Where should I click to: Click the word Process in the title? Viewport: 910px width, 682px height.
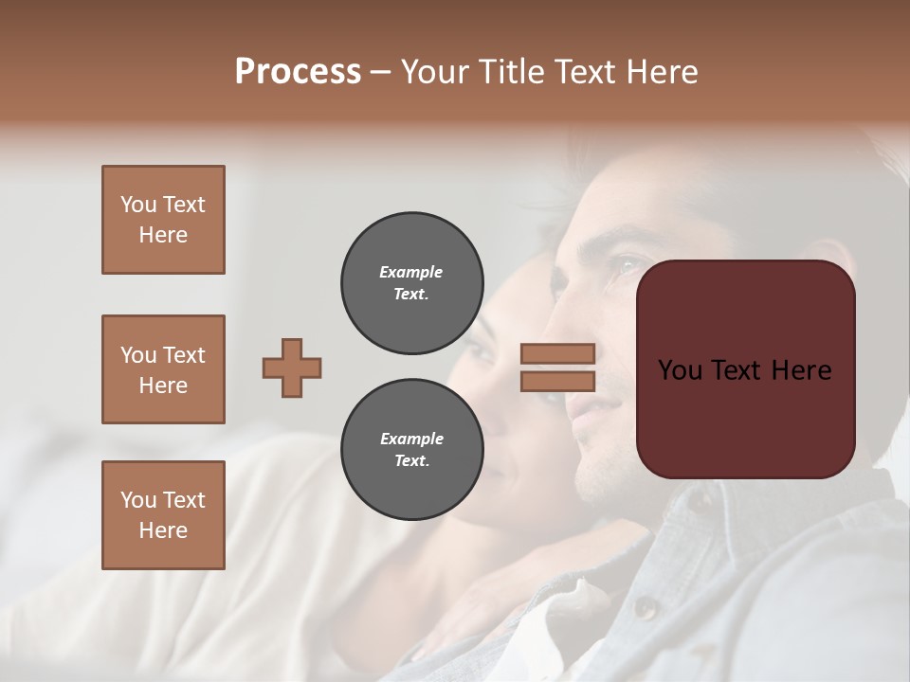[298, 72]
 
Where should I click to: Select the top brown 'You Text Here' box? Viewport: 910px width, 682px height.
[163, 220]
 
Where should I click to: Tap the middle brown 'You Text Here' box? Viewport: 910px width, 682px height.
[163, 369]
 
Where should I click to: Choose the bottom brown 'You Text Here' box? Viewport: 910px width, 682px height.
[163, 515]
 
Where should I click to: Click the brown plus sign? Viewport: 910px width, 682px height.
[292, 368]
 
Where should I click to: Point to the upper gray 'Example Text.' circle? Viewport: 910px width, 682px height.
[411, 283]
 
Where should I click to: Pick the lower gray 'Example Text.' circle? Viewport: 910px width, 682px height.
[411, 450]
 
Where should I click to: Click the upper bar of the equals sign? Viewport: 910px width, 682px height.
[557, 353]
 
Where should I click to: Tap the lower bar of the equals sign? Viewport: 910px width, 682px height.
[557, 381]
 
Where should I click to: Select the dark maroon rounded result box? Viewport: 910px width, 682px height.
[745, 369]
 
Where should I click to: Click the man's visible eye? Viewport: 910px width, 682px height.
[625, 268]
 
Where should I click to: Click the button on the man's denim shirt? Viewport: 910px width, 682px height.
[646, 606]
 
